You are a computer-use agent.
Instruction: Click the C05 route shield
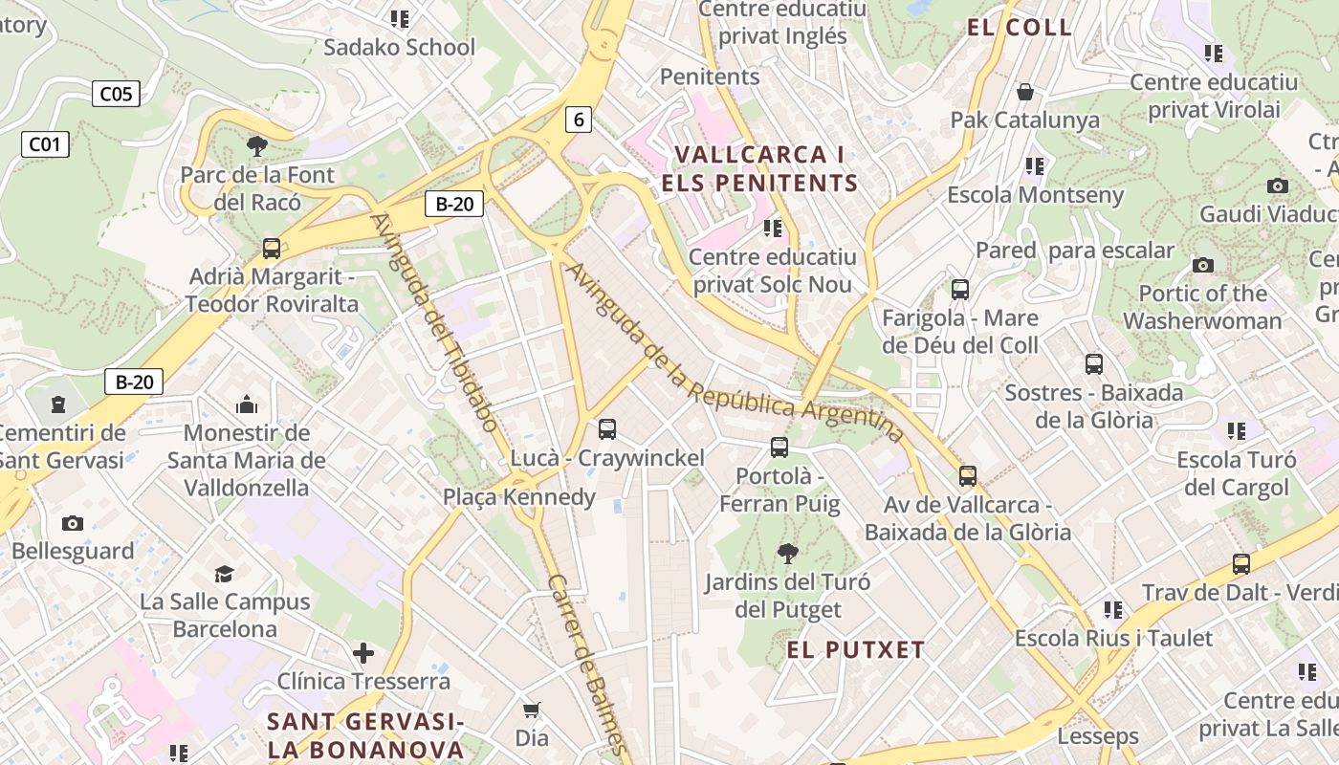tap(116, 94)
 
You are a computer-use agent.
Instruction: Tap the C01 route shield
tap(44, 144)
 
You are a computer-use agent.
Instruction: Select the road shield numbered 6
tap(578, 120)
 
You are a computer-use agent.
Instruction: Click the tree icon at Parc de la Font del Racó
tap(256, 146)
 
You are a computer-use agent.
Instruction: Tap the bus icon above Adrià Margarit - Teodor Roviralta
tap(272, 249)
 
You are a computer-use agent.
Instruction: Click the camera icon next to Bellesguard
tap(72, 523)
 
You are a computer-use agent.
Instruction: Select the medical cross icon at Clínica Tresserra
tap(363, 654)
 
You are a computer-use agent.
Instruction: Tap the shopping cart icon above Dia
tap(532, 710)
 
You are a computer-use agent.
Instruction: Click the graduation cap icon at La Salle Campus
tap(224, 574)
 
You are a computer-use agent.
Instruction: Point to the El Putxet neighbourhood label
tap(856, 651)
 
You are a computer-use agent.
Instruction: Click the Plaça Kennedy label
tap(518, 497)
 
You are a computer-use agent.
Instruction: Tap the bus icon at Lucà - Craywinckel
tap(607, 429)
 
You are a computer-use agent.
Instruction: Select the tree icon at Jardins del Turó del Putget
tap(787, 553)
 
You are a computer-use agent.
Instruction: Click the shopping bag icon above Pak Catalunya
tap(1025, 93)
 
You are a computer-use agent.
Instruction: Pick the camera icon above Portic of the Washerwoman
tap(1203, 265)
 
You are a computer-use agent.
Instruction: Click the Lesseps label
tap(1097, 736)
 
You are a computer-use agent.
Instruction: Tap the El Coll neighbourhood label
tap(1020, 28)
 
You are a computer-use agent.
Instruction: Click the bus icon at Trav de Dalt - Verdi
tap(1241, 564)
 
